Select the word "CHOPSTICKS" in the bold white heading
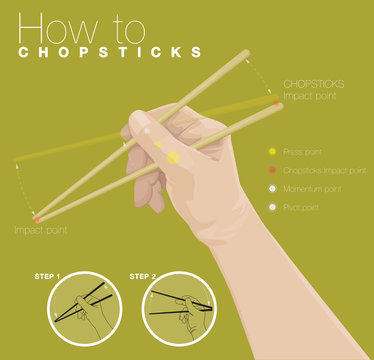click(110, 51)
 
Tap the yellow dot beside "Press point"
click(271, 152)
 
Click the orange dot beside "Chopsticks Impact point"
click(271, 170)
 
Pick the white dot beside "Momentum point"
click(271, 189)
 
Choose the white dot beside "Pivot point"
click(271, 207)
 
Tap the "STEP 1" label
click(46, 276)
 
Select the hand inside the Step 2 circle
click(185, 310)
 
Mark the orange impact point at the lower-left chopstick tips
click(37, 217)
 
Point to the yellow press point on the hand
click(172, 157)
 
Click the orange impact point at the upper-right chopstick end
click(275, 101)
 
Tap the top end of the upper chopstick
click(245, 53)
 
